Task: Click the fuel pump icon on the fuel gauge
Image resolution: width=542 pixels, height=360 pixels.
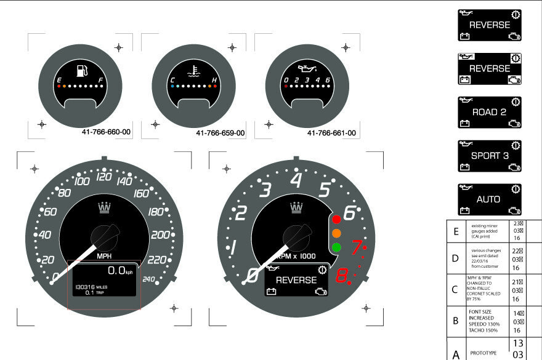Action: [81, 71]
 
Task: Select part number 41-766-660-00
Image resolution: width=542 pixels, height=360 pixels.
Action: [106, 132]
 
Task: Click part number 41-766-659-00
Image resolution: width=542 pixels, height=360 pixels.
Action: [220, 133]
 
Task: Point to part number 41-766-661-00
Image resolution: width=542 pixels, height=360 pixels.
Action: [332, 133]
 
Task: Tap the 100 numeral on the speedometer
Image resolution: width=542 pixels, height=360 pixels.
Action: [81, 181]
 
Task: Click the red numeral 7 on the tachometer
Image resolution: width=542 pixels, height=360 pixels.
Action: [356, 247]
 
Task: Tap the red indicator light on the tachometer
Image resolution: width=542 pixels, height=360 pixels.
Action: [337, 220]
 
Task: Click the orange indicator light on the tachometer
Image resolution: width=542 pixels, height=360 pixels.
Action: [337, 234]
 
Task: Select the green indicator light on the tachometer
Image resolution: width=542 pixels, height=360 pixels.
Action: [337, 248]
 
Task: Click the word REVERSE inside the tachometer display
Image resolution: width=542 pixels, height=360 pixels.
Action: [296, 280]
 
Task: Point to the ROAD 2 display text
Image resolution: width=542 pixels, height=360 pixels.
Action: [489, 113]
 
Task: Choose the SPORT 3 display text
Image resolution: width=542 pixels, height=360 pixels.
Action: [490, 156]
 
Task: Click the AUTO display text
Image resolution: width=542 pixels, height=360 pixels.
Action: [488, 199]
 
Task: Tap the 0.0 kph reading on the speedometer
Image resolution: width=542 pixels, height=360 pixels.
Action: [119, 271]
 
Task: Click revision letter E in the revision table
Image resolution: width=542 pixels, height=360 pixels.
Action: [456, 232]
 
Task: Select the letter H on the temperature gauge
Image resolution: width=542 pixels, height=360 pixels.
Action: [214, 81]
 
